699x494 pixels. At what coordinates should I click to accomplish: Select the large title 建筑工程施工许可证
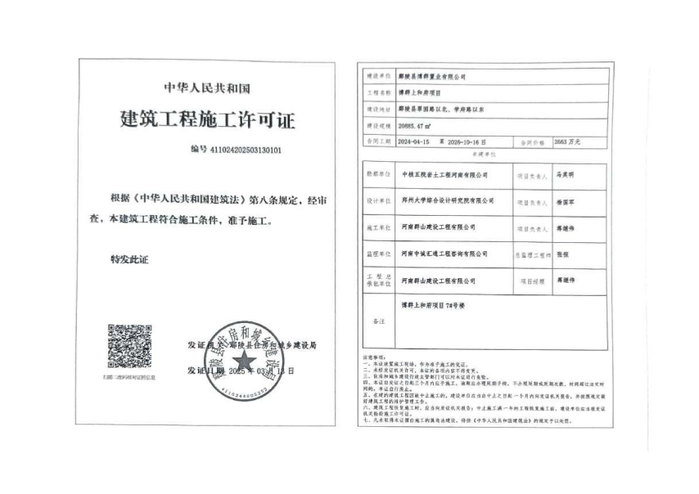[207, 119]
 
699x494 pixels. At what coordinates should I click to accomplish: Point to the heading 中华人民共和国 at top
[206, 87]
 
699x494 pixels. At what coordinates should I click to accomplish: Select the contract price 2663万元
[566, 141]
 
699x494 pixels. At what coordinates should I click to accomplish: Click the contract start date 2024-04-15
[417, 141]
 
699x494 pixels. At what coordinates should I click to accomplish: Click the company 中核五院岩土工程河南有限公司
[446, 174]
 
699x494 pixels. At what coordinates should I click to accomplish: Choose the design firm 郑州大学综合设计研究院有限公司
[449, 200]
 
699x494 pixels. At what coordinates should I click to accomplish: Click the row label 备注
[377, 321]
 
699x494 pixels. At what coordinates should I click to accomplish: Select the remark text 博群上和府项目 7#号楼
[431, 304]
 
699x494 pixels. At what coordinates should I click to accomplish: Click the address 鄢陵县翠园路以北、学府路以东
[443, 108]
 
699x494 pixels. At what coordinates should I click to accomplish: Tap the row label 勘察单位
[377, 174]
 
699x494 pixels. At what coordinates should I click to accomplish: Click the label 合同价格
[530, 141]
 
